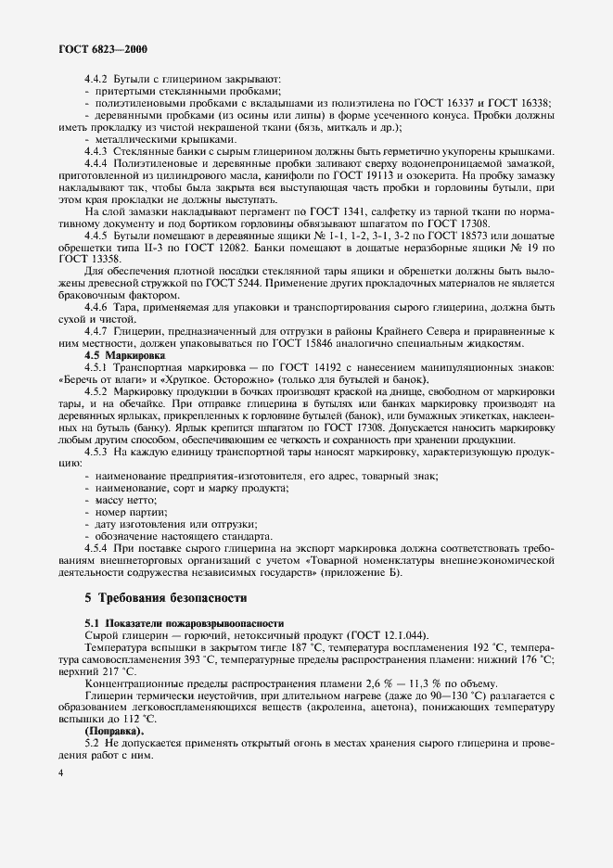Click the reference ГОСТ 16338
coord(518,103)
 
